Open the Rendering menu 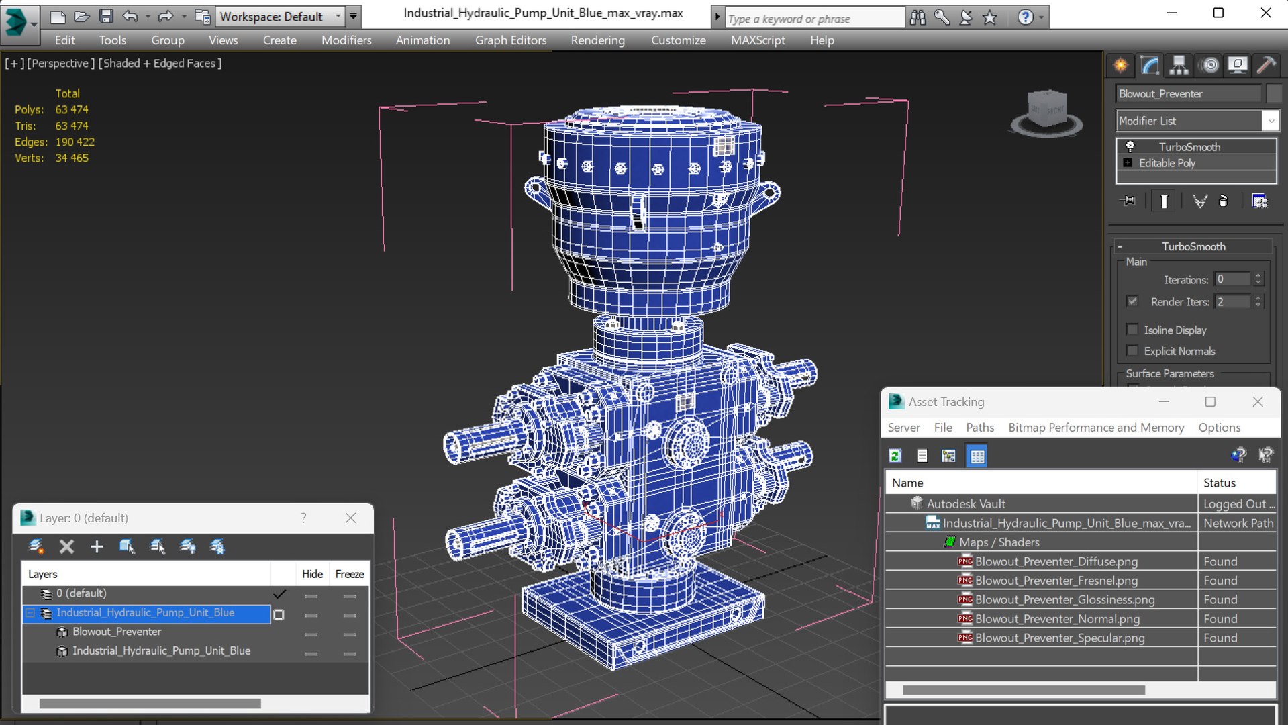[x=597, y=40]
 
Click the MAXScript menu [x=757, y=40]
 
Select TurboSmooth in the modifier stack [x=1189, y=147]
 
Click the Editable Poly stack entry [x=1167, y=163]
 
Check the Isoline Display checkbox [x=1133, y=330]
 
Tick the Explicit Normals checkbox [x=1133, y=351]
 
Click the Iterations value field [x=1232, y=279]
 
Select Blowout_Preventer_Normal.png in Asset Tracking [x=1056, y=619]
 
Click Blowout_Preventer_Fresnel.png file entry [x=1056, y=581]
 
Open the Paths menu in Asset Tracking [x=979, y=428]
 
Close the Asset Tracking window [x=1257, y=402]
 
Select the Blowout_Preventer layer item [x=117, y=632]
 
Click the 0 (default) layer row [x=81, y=593]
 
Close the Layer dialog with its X [x=350, y=518]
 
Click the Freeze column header [x=349, y=574]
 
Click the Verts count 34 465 [x=72, y=158]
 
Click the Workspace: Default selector [x=279, y=17]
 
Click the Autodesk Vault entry [x=965, y=504]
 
